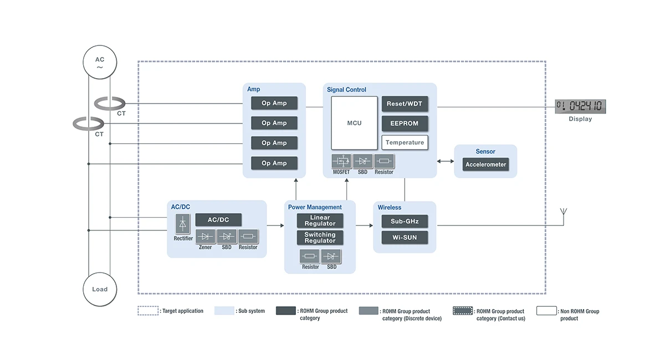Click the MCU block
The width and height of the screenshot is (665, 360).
point(354,123)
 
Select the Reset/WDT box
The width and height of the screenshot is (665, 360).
point(405,104)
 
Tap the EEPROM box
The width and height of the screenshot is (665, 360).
point(405,123)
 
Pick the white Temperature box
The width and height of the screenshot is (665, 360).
point(405,142)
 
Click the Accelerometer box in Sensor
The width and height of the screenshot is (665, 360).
point(485,164)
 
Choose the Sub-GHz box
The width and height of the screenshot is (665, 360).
point(405,222)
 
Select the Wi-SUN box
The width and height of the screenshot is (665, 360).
point(405,238)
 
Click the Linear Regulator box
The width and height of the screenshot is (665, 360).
point(320,220)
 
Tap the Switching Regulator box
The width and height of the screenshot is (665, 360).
point(320,238)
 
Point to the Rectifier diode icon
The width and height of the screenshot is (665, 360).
point(183,224)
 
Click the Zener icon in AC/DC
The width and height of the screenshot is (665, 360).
point(206,236)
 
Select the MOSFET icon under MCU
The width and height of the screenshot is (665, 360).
point(341,161)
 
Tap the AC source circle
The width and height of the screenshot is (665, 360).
point(100,63)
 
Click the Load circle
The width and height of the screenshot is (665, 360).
point(100,289)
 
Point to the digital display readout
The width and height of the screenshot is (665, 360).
point(580,106)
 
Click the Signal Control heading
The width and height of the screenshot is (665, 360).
point(346,90)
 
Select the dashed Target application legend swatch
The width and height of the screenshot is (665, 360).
point(148,311)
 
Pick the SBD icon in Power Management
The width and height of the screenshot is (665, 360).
point(331,256)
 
